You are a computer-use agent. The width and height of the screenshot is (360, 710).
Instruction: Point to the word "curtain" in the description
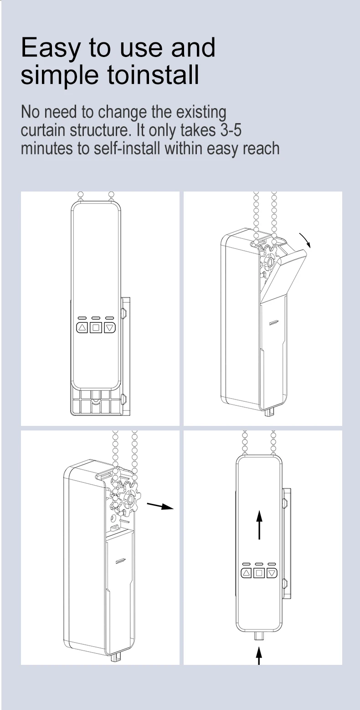[43, 130]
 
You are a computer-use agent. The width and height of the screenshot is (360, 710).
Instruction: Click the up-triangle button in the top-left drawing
[82, 327]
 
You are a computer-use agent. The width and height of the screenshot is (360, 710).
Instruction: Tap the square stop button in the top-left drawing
[96, 327]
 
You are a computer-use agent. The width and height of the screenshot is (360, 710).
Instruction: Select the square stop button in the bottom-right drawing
[259, 573]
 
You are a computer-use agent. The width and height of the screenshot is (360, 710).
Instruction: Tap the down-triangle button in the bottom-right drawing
[272, 573]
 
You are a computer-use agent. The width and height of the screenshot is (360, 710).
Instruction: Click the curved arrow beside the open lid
[305, 240]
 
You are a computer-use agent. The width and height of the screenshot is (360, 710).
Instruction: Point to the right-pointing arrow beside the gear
[160, 507]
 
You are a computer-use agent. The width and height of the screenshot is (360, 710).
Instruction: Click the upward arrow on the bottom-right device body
[259, 524]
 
